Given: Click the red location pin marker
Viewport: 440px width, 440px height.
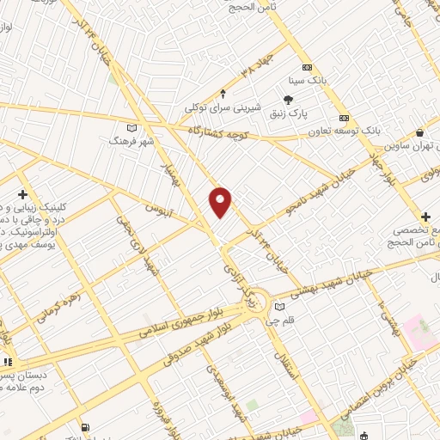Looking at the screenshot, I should click(221, 201).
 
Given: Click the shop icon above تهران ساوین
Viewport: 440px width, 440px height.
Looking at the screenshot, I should click(419, 133).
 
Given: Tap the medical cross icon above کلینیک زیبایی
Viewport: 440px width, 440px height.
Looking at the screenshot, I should click(21, 195).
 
